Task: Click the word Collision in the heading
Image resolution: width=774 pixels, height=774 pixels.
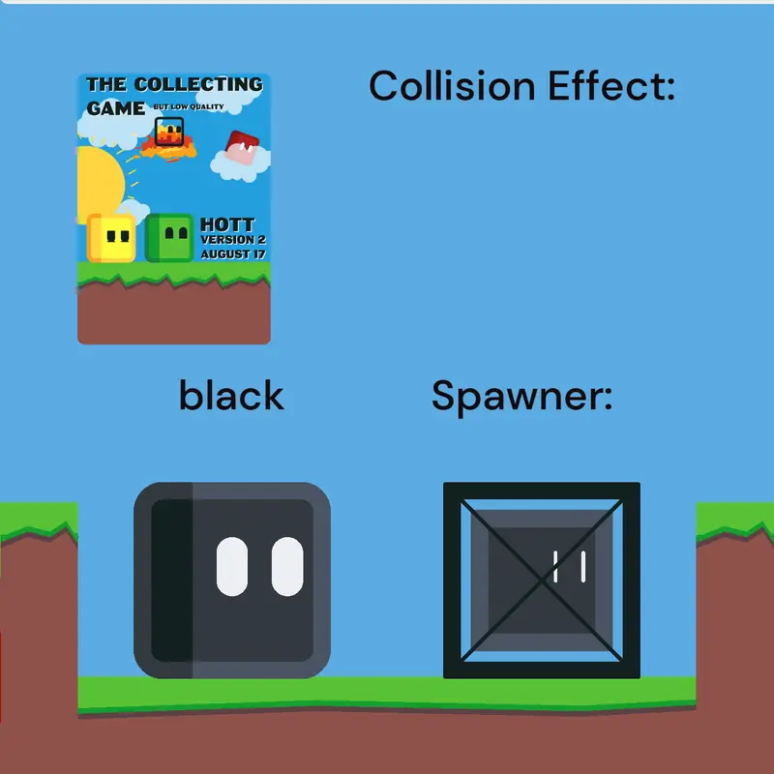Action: click(x=452, y=85)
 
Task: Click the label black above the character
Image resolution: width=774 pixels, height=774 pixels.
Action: click(x=231, y=395)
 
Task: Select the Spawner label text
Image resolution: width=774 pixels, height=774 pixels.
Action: click(x=521, y=397)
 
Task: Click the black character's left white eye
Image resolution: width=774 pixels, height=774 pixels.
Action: click(x=232, y=566)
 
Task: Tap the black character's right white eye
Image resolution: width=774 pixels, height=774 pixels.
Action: click(x=287, y=566)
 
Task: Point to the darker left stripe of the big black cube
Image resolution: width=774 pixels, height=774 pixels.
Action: click(x=172, y=580)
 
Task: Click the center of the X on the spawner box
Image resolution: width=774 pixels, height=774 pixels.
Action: click(x=542, y=580)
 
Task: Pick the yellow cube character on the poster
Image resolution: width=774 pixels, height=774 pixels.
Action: click(x=111, y=238)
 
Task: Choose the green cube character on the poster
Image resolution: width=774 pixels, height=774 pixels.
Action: click(x=169, y=237)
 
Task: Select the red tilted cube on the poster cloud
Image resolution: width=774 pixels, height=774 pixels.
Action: click(x=242, y=147)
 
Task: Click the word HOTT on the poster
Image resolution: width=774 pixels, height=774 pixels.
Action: click(x=227, y=225)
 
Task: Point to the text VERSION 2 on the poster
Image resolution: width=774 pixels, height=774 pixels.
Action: click(x=233, y=240)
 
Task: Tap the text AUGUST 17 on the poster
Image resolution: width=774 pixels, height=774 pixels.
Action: click(x=233, y=254)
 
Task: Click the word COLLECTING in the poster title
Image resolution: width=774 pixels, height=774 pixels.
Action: click(x=198, y=84)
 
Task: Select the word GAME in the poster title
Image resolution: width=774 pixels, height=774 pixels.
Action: click(x=115, y=108)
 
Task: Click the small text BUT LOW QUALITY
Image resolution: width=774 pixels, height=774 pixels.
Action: click(x=189, y=106)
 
